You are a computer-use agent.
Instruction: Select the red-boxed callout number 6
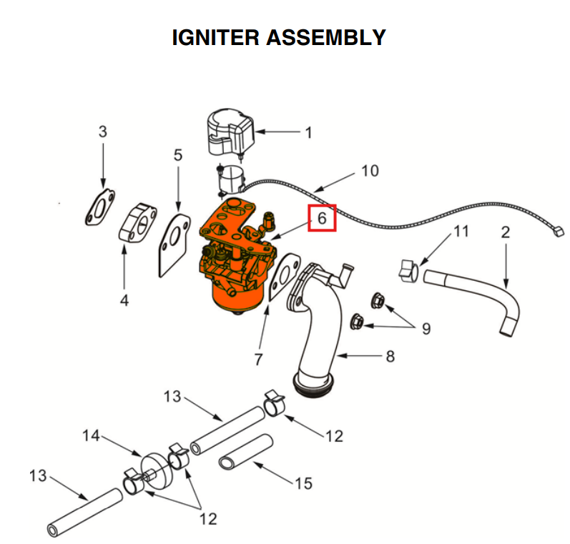(x=322, y=218)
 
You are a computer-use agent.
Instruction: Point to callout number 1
(x=308, y=132)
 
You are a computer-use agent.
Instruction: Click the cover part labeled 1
(x=225, y=132)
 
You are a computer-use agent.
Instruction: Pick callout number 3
(x=103, y=132)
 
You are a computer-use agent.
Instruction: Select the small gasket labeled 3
(x=100, y=207)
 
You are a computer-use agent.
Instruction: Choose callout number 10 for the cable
(x=370, y=171)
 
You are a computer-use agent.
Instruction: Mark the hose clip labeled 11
(x=407, y=270)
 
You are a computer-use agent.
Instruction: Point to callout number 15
(x=303, y=484)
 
